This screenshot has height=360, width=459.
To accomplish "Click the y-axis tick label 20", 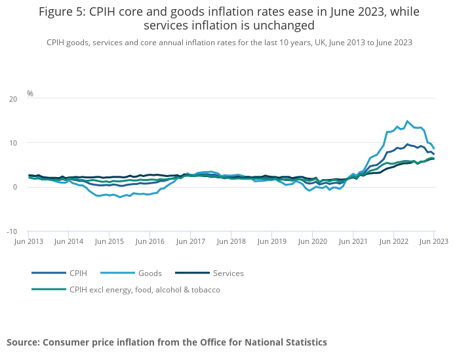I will pyautogui.click(x=13, y=99).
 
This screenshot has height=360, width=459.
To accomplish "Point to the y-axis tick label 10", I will pyautogui.click(x=13, y=143).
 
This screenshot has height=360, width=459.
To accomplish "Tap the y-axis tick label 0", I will pyautogui.click(x=15, y=188).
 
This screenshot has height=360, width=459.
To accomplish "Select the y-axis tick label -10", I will pyautogui.click(x=12, y=231).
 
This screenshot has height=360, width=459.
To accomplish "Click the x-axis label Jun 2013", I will pyautogui.click(x=29, y=241).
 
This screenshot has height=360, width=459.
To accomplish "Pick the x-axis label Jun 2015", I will pyautogui.click(x=110, y=241).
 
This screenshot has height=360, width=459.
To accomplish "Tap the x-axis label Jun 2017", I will pyautogui.click(x=191, y=241).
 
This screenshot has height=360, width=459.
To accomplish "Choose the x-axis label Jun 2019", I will pyautogui.click(x=271, y=241).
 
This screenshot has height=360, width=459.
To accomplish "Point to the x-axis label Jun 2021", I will pyautogui.click(x=353, y=241).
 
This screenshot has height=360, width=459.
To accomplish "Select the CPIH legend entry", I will pyautogui.click(x=76, y=273).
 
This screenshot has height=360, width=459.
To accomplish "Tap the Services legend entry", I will pyautogui.click(x=228, y=273).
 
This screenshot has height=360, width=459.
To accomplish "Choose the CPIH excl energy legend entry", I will pyautogui.click(x=144, y=289).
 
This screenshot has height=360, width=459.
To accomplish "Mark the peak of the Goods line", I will pyautogui.click(x=407, y=121).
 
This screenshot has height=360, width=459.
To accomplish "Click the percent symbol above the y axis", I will pyautogui.click(x=30, y=94).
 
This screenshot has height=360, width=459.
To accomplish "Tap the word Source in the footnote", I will pyautogui.click(x=22, y=342).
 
